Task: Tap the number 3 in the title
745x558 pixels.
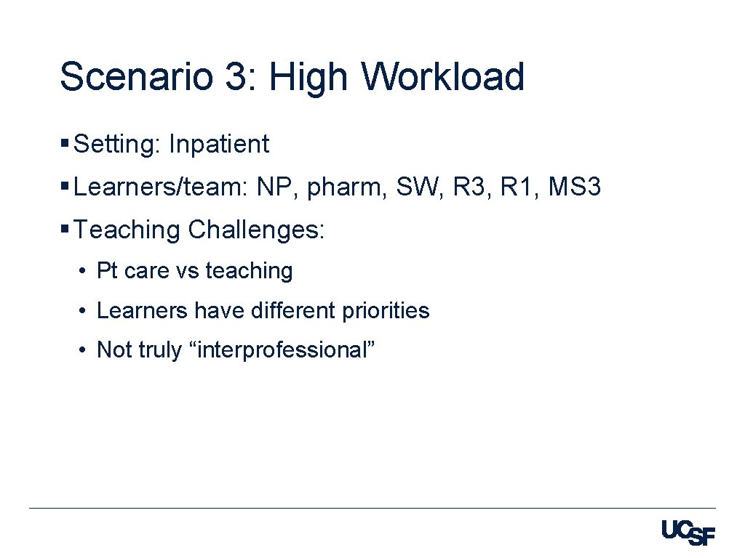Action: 235,77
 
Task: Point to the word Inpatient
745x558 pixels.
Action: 218,145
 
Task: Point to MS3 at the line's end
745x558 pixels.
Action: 574,187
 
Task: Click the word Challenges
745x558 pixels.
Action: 257,230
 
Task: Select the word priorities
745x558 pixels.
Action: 388,311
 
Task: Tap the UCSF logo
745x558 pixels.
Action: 688,533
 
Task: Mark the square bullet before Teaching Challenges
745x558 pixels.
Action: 65,230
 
